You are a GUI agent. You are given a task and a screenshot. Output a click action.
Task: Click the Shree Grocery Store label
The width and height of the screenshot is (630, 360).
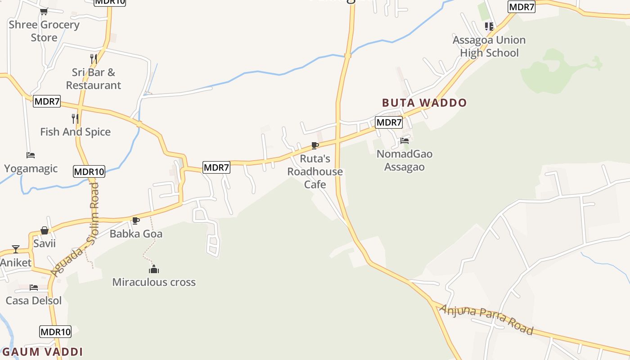pos(44,31)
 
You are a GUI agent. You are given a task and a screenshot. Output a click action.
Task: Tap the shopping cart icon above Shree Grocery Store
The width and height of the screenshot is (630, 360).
pos(44,11)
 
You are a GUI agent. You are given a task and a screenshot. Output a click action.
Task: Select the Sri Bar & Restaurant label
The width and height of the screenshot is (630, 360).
pos(94,79)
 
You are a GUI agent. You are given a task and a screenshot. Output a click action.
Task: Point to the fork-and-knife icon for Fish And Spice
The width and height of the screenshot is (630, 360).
pos(75,119)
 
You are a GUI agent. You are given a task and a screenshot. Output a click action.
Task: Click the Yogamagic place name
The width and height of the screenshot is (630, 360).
pos(31,169)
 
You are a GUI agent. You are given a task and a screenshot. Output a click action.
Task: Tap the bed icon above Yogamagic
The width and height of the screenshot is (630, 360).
pos(31,155)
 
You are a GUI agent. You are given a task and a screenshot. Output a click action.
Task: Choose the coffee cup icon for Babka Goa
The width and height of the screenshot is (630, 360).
pos(135,220)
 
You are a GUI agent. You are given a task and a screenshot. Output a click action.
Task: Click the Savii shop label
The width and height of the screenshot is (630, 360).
pos(45,243)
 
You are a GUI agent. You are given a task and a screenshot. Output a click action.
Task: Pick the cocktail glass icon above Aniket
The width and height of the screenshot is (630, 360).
pos(16,249)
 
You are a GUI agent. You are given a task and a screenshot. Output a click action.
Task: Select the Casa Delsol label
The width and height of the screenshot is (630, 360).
pos(34,300)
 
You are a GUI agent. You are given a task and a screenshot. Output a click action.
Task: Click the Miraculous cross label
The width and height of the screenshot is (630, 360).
pos(154,282)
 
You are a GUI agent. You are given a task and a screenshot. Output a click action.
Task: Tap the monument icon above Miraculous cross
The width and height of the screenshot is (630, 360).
pos(154,270)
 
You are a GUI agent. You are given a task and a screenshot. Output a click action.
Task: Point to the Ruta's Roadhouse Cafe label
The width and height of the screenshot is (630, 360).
pos(315,171)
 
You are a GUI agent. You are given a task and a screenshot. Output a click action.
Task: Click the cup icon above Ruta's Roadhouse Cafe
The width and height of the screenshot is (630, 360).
pos(315,145)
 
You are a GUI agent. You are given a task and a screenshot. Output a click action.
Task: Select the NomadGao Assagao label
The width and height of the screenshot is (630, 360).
pos(405,160)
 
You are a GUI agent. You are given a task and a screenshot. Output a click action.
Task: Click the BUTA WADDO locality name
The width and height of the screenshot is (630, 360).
pos(424,103)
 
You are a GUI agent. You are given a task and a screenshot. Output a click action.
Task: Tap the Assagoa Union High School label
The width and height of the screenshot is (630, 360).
pos(489,46)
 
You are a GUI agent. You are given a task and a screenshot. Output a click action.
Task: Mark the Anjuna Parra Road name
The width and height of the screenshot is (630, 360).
pos(486,319)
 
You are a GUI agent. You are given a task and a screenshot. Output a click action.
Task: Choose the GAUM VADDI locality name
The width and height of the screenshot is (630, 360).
pos(43,352)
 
